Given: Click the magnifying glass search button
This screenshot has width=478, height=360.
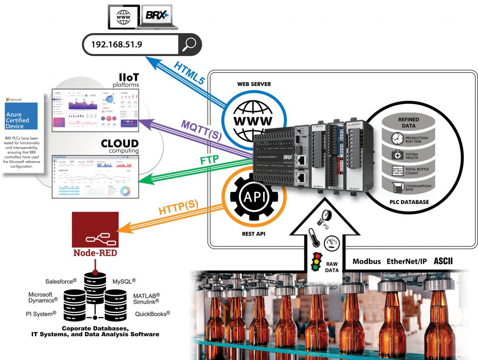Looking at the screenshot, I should [x=190, y=45].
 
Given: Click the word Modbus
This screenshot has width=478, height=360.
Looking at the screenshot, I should [x=366, y=261].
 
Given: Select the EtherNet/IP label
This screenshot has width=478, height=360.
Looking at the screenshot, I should [x=407, y=261].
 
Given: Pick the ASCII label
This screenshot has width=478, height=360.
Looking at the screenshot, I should [x=443, y=261].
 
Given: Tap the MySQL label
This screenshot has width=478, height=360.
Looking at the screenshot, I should [x=124, y=282].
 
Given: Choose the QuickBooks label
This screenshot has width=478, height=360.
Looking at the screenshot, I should [x=152, y=314].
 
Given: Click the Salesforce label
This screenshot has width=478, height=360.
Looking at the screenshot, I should [x=61, y=282].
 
